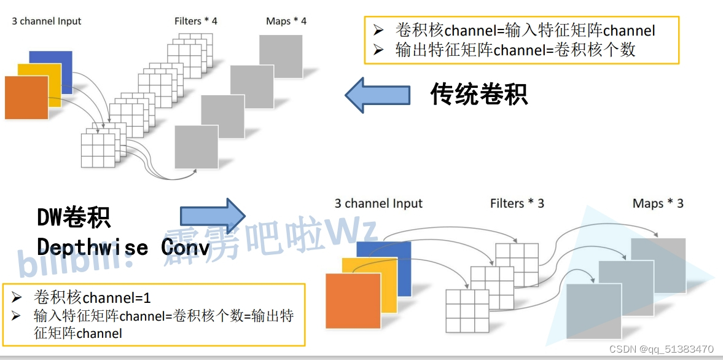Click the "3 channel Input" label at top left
pos(47,21)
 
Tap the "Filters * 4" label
pos(196,21)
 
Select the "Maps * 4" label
pos(286,21)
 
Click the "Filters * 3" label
pos(517,203)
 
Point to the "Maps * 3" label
pos(658,203)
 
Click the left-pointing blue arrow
pos(377,95)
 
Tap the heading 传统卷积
pos(479,95)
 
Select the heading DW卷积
pos(74,217)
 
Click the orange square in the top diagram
pos(26,97)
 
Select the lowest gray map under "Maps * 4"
pos(197,147)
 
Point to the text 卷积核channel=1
pos(92,298)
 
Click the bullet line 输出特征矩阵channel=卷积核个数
pos(515,50)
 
